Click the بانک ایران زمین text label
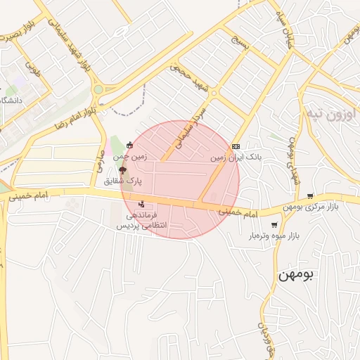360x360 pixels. [236, 158]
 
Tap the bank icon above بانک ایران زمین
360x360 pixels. [236, 146]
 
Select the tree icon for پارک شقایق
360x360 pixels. [123, 169]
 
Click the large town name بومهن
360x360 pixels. [294, 275]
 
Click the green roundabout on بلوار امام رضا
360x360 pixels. [98, 90]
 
